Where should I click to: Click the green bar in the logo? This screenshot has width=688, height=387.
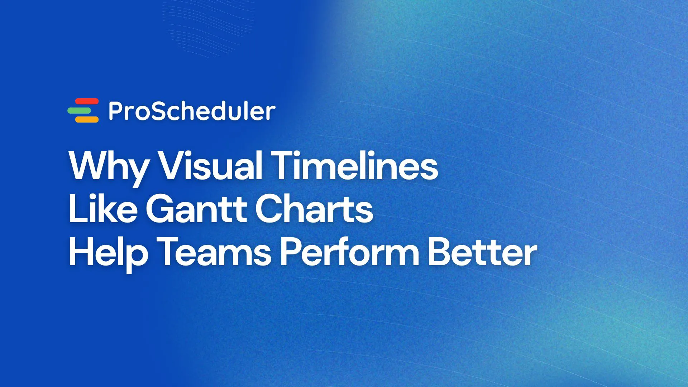click(80, 111)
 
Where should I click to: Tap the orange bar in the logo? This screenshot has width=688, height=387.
click(87, 119)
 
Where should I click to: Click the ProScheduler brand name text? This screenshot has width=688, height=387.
click(192, 111)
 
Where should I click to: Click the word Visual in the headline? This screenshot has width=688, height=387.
click(210, 166)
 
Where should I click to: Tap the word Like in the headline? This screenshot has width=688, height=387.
click(102, 209)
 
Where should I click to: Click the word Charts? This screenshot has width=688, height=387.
click(314, 209)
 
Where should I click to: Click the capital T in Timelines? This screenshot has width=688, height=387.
click(283, 166)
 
